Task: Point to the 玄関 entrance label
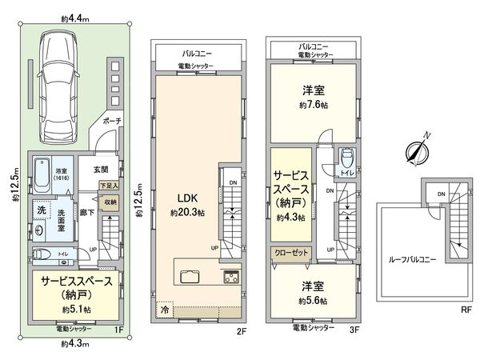(x=101, y=169)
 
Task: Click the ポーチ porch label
(x=111, y=122)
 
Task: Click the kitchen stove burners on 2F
(x=229, y=278)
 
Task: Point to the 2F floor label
(x=238, y=330)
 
